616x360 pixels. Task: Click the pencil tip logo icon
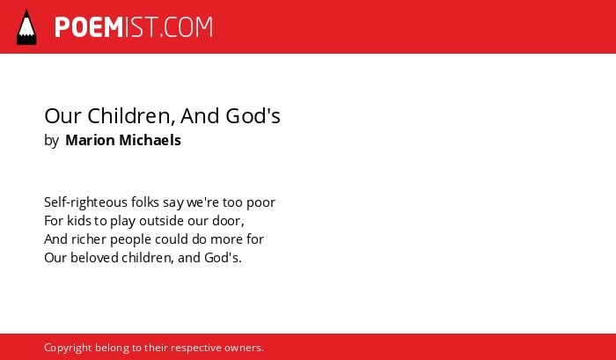[26, 26]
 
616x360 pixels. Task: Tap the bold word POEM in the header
[89, 27]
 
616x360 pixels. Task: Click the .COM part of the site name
[187, 27]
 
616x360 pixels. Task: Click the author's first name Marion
[90, 140]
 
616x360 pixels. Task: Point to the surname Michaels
[150, 140]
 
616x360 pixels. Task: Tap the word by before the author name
[51, 141]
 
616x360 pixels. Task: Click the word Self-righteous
[85, 202]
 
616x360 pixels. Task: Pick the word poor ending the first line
[260, 203]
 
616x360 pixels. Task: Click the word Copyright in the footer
[68, 349]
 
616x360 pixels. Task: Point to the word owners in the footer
[242, 349]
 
